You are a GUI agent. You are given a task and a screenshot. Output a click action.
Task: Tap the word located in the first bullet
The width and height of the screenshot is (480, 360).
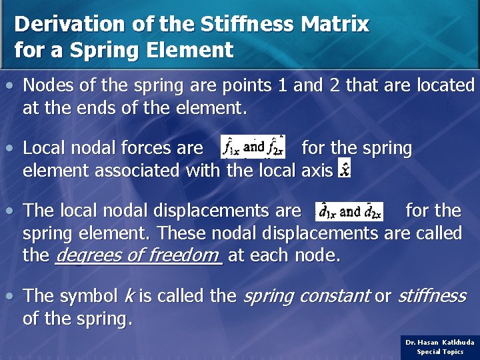coord(445,85)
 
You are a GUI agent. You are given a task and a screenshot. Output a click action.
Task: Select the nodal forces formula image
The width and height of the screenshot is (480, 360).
coord(253,146)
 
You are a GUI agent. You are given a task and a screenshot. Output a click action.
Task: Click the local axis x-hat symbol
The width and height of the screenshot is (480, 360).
coord(344,169)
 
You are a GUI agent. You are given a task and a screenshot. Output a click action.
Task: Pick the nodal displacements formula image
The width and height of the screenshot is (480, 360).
coord(349,211)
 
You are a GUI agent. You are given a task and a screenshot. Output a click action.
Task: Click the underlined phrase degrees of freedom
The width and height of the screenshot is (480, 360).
coord(138,255)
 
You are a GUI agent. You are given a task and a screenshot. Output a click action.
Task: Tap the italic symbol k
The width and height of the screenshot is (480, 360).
coord(129,295)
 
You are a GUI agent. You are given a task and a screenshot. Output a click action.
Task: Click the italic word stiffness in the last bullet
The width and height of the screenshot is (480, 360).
coord(431,295)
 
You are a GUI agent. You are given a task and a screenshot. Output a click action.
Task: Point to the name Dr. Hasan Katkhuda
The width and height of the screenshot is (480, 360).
coord(440,342)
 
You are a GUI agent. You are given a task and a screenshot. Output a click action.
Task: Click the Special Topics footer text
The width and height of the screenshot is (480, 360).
coord(440,351)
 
